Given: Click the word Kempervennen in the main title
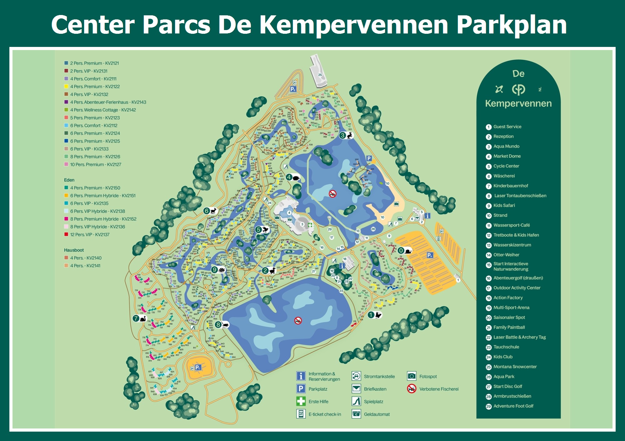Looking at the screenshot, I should pyautogui.click(x=354, y=25).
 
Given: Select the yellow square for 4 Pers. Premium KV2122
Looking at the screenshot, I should pyautogui.click(x=66, y=86).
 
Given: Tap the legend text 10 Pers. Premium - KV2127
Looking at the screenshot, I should pyautogui.click(x=96, y=165).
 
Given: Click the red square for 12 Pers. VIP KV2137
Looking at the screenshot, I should pyautogui.click(x=66, y=234).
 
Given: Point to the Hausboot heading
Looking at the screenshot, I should pyautogui.click(x=74, y=250).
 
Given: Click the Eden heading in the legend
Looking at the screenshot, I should pyautogui.click(x=69, y=180).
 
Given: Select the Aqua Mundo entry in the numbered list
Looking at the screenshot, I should pyautogui.click(x=506, y=146).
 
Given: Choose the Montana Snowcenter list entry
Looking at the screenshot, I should pyautogui.click(x=515, y=367).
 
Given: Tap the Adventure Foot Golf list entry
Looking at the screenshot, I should pyautogui.click(x=513, y=406).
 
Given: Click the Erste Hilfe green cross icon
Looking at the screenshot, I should pyautogui.click(x=301, y=401).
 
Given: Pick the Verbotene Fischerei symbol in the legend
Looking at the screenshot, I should pyautogui.click(x=412, y=389).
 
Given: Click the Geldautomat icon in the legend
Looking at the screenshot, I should pyautogui.click(x=356, y=414).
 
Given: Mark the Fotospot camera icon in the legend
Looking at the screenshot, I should pyautogui.click(x=412, y=376).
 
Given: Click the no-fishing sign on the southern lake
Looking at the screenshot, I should pyautogui.click(x=298, y=320).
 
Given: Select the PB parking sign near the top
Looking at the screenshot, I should pyautogui.click(x=293, y=89).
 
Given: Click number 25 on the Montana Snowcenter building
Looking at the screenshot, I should pyautogui.click(x=320, y=75).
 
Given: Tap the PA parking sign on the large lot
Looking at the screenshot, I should pyautogui.click(x=430, y=255).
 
